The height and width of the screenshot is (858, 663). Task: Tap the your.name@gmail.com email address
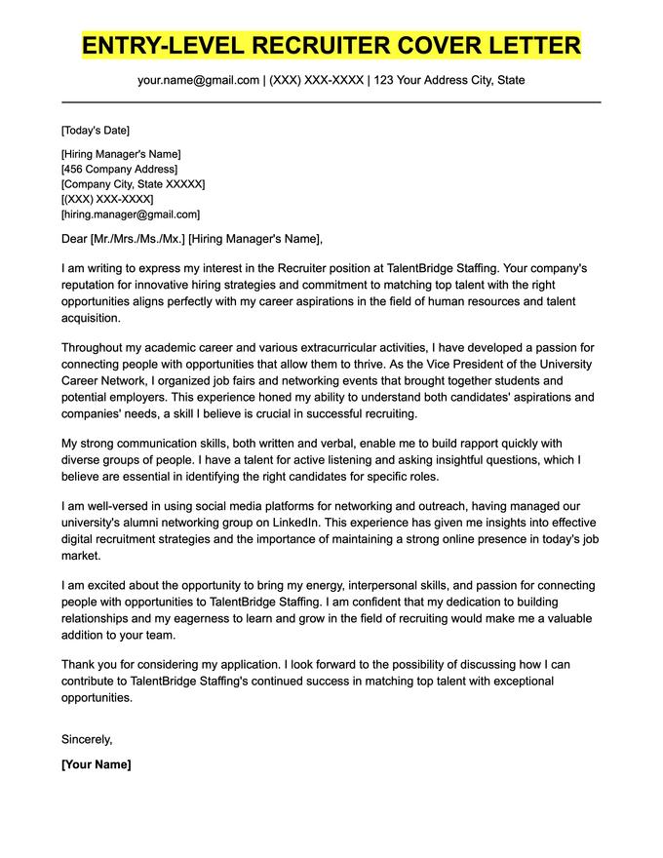point(198,80)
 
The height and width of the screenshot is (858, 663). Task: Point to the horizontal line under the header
point(331,101)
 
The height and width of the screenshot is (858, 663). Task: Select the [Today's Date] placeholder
point(95,131)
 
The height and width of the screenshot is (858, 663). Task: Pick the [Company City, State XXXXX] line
point(133,184)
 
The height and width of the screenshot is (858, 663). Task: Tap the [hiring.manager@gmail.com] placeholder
point(130,214)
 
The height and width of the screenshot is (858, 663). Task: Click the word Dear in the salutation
point(73,239)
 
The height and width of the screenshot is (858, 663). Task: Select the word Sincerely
point(87,739)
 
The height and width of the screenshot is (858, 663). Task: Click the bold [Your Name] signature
point(96,764)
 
